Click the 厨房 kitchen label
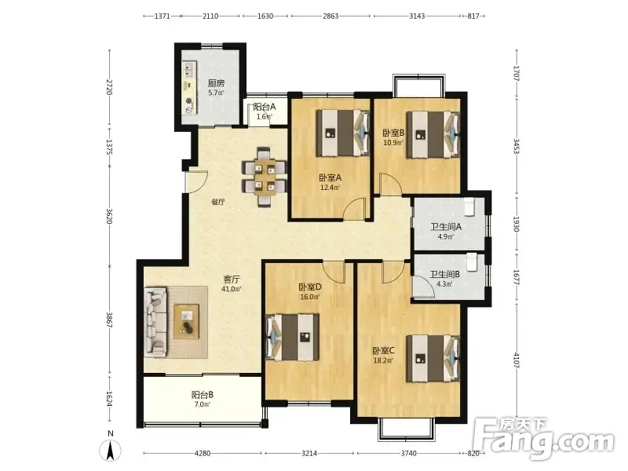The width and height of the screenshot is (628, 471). (216, 83)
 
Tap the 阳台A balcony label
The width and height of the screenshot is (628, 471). (265, 107)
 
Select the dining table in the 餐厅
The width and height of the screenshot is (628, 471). (265, 177)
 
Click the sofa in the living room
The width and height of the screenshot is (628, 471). (155, 322)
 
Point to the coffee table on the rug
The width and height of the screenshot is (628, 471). (186, 322)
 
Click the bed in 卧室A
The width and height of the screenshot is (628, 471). (342, 133)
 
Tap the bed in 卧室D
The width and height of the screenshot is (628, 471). (293, 337)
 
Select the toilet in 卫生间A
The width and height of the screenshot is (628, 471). (469, 206)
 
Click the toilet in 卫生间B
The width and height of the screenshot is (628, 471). (473, 262)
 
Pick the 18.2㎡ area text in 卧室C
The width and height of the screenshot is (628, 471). (383, 360)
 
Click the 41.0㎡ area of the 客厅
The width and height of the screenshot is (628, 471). (232, 289)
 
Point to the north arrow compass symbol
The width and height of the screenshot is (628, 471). (110, 450)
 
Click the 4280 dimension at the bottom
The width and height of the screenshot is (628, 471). (203, 454)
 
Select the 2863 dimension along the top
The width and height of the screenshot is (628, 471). (330, 16)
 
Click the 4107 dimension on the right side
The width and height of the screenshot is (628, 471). (517, 361)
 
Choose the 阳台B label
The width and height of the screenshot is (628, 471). (203, 395)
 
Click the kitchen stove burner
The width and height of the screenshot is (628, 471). (189, 101)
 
